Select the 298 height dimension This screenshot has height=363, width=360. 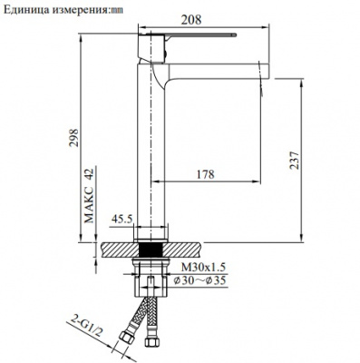tap(76, 137)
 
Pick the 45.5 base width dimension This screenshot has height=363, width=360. tap(122, 219)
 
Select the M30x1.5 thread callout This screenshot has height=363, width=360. tap(200, 268)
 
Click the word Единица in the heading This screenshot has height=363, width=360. tap(30, 8)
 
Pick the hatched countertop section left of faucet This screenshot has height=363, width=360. tap(119, 246)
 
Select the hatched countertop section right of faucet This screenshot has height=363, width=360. tap(187, 246)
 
